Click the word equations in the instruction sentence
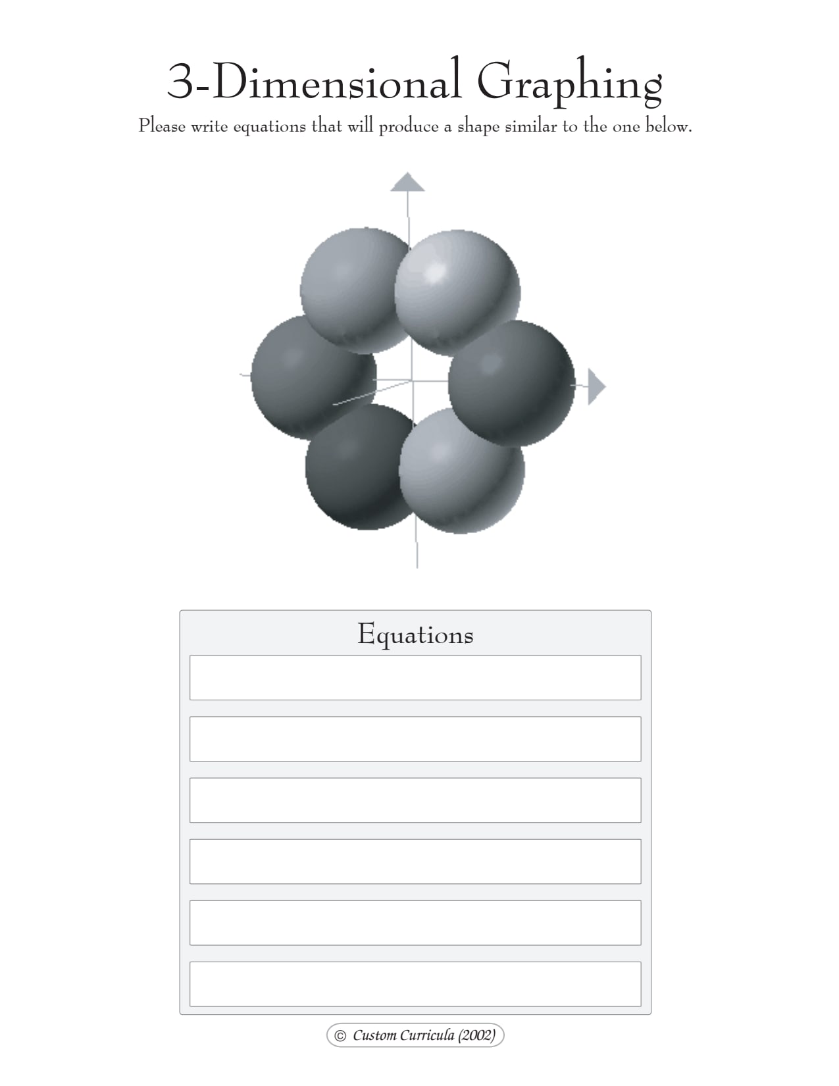[x=269, y=126]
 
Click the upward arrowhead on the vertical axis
[x=407, y=182]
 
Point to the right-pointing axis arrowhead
[x=595, y=386]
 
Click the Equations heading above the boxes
[x=415, y=634]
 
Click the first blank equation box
[x=415, y=677]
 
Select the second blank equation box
[x=415, y=738]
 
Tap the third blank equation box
[x=415, y=800]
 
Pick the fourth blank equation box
[x=415, y=861]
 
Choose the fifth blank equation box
[x=415, y=922]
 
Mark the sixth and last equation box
[x=415, y=984]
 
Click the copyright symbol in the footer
[x=340, y=1035]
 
